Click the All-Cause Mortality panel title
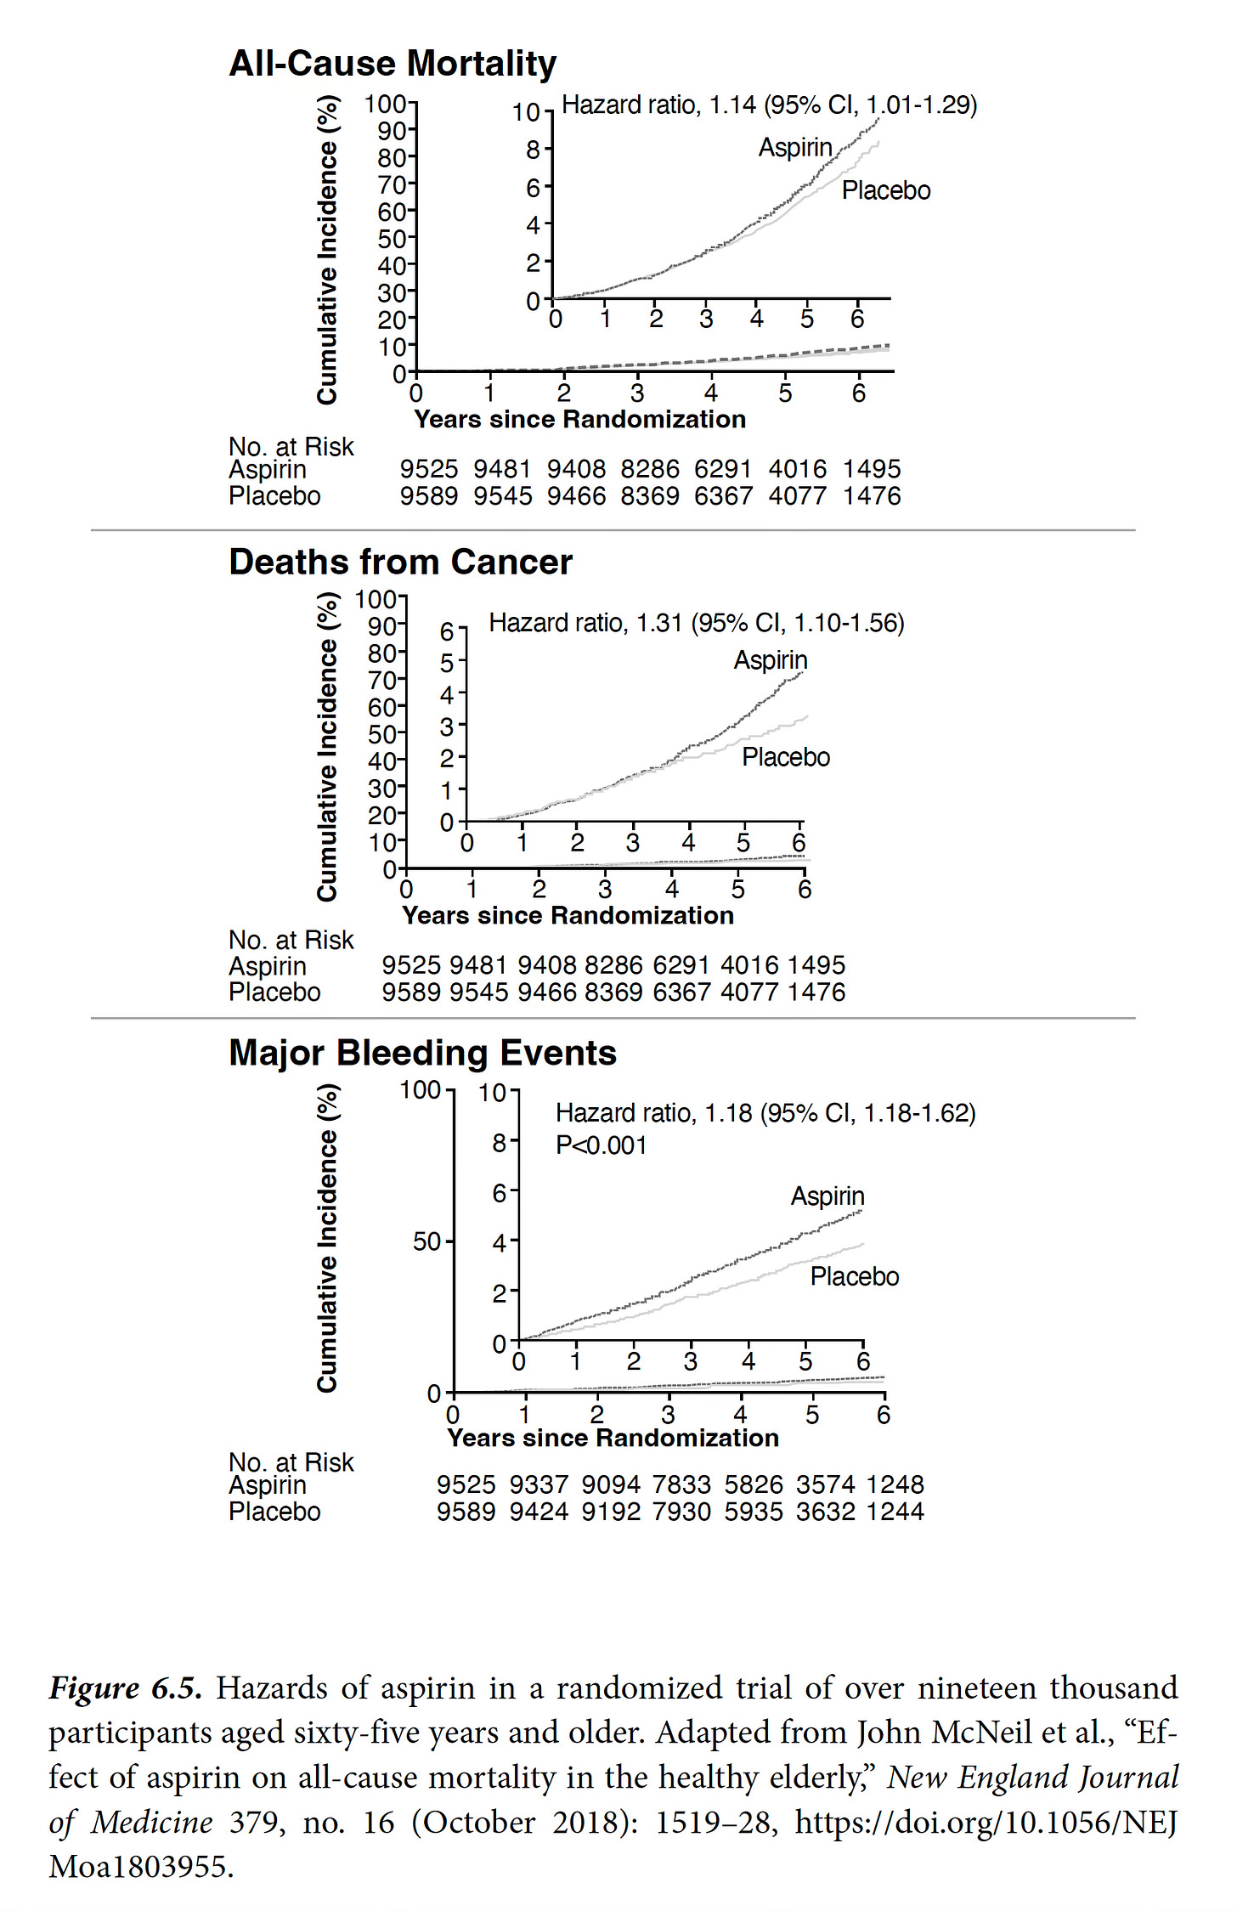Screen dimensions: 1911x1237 click(x=393, y=64)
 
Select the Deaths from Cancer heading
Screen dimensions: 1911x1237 click(x=400, y=563)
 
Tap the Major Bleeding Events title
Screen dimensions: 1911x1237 click(x=422, y=1053)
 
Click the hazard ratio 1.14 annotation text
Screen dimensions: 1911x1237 click(x=769, y=105)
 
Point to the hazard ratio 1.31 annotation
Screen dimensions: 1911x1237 click(x=696, y=624)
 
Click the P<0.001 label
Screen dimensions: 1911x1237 click(x=601, y=1145)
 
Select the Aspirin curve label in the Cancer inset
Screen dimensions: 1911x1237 click(x=770, y=660)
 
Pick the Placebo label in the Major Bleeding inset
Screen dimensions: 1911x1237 click(x=854, y=1276)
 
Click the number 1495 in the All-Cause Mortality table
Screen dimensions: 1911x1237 click(x=871, y=469)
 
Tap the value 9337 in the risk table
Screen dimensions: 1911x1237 click(x=539, y=1484)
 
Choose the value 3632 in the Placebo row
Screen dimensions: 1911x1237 click(x=825, y=1512)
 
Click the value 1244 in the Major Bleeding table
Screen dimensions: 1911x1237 click(x=895, y=1512)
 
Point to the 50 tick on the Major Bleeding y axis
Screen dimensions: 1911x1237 click(x=427, y=1241)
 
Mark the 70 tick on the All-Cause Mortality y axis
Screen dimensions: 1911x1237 click(x=392, y=184)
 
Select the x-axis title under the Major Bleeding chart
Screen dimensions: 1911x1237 click(x=613, y=1438)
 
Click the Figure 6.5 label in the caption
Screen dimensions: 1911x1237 click(x=125, y=1688)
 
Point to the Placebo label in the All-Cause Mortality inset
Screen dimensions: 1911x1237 click(x=885, y=190)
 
